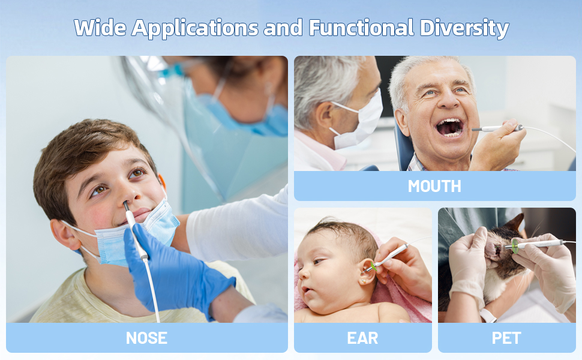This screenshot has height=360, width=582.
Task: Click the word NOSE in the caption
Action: [146, 338]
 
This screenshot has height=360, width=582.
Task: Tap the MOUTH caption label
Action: [434, 186]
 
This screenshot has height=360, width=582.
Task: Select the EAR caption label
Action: [362, 338]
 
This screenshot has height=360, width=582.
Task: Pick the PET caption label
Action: [506, 338]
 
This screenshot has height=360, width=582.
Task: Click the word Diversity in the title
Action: [464, 28]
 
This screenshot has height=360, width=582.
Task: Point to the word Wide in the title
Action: [100, 28]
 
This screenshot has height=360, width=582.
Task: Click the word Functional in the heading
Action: [361, 28]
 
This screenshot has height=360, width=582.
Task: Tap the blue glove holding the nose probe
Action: [178, 271]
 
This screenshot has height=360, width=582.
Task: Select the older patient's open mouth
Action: [450, 127]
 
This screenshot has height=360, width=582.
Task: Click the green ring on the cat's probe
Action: [515, 246]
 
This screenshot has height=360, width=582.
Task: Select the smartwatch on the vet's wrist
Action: [488, 316]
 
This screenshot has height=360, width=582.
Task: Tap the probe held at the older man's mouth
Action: [497, 128]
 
